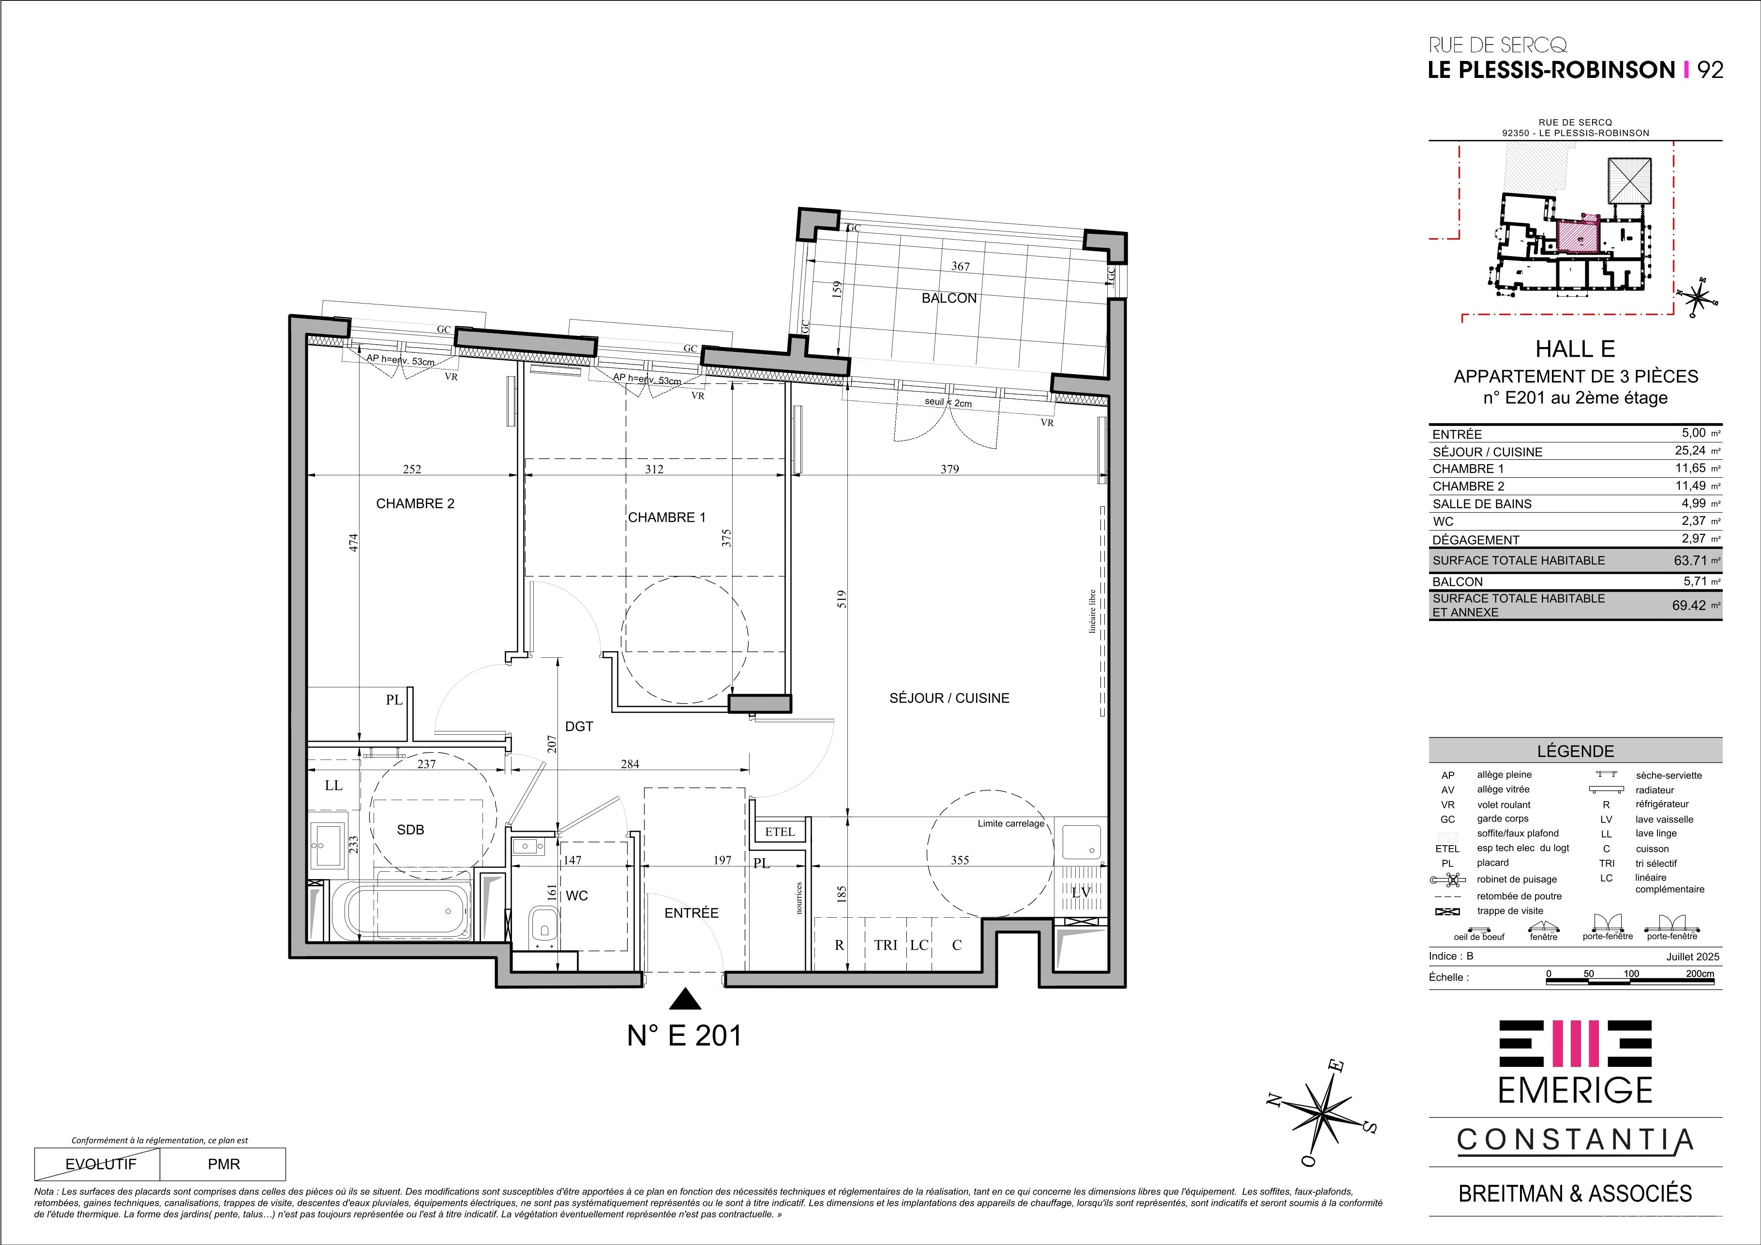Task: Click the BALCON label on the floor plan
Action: tap(949, 298)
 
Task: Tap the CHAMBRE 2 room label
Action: tap(415, 504)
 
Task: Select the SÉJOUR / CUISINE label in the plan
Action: tap(949, 698)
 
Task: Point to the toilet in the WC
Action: tap(544, 926)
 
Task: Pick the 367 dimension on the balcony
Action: tap(960, 267)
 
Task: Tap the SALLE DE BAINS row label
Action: tap(1482, 504)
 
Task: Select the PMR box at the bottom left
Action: tap(223, 1165)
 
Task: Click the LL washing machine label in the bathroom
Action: tap(333, 786)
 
